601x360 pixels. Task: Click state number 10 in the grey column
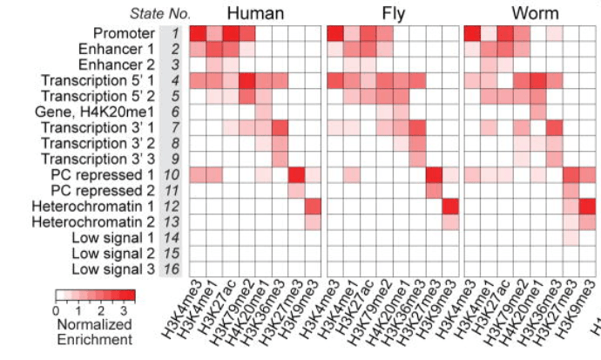(175, 174)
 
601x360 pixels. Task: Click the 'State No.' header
(160, 13)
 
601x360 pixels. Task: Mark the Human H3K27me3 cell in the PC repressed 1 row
(296, 174)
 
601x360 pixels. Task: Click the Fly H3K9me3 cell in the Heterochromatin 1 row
(450, 207)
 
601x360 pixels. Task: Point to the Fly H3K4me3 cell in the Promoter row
(335, 33)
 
